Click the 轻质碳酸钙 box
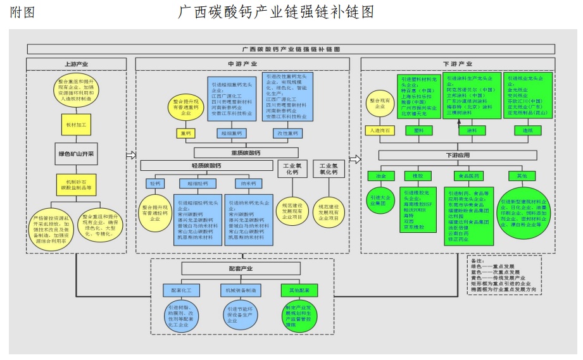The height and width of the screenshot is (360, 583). (x=206, y=166)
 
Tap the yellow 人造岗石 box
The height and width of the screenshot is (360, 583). (x=380, y=130)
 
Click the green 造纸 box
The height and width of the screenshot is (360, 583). (x=527, y=130)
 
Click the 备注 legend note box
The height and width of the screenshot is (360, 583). (x=503, y=274)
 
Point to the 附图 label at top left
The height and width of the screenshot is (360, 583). (x=22, y=11)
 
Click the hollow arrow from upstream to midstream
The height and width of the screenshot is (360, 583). (x=131, y=155)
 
